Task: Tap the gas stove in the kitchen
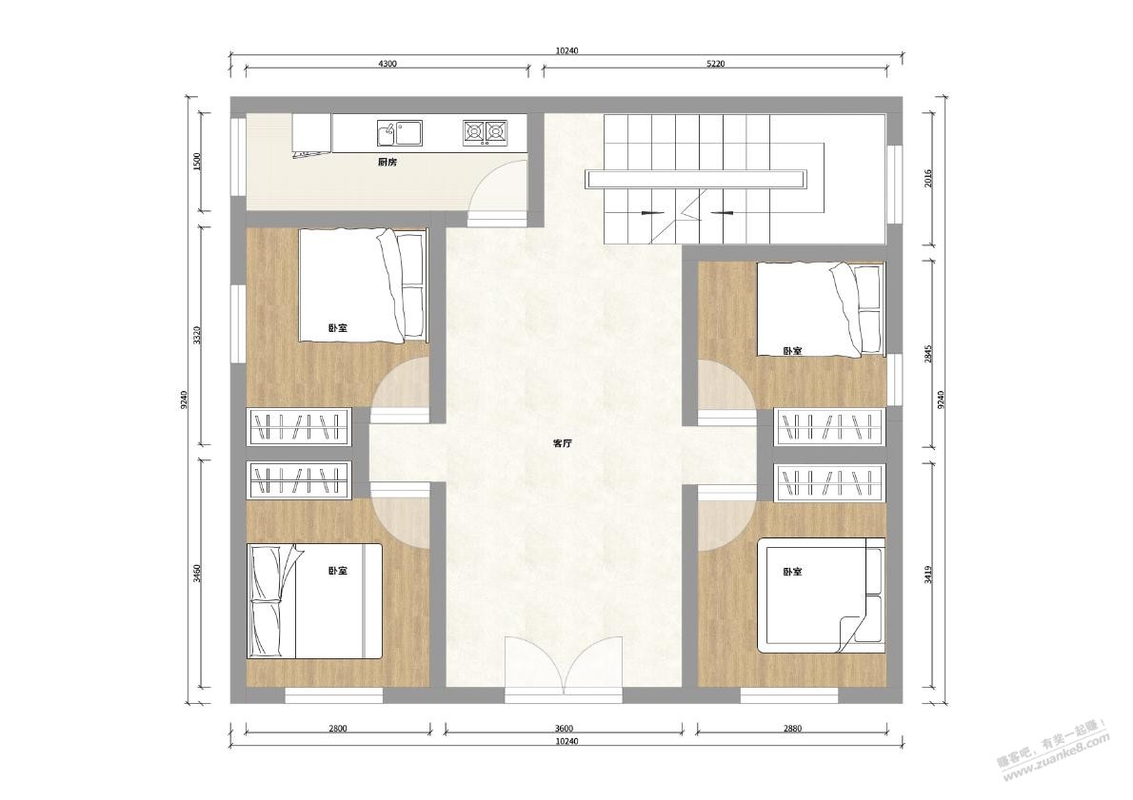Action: [485, 131]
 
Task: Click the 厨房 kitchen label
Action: [388, 163]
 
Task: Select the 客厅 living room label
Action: [562, 444]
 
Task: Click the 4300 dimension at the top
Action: [388, 64]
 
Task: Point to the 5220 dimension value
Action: [715, 64]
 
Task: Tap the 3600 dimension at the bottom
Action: [562, 729]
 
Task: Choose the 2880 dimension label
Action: [792, 729]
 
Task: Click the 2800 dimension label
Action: [337, 729]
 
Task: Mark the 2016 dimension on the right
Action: [928, 178]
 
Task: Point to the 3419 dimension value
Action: [928, 574]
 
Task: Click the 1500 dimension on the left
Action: [197, 161]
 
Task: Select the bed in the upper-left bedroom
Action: [362, 285]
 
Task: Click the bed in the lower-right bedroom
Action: [821, 595]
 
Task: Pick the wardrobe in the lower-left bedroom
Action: [298, 480]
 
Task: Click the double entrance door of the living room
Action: [564, 669]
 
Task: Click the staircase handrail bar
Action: [696, 179]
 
